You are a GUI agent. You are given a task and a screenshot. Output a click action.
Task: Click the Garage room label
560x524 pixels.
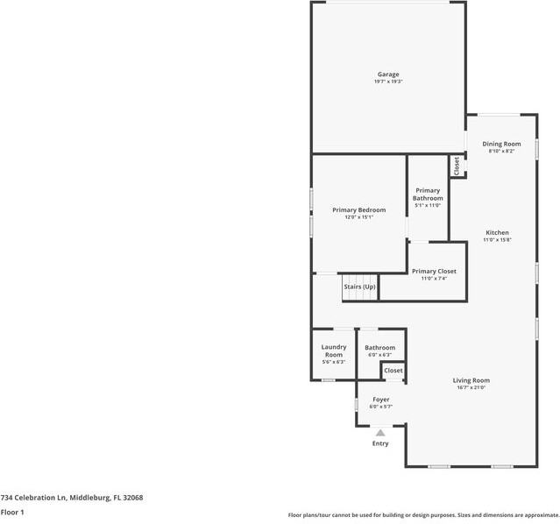coord(388,74)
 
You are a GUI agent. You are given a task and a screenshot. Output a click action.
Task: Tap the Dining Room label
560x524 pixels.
coord(501,144)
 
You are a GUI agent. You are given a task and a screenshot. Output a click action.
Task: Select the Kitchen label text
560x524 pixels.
coord(497,232)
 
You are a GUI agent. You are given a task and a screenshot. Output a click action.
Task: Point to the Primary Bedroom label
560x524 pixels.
coord(358,210)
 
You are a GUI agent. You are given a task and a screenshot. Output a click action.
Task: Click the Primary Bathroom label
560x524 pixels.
coord(428,194)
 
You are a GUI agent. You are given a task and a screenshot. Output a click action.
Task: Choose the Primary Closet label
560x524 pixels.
coord(434,272)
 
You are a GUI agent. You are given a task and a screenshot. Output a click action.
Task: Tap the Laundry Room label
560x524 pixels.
coord(333,351)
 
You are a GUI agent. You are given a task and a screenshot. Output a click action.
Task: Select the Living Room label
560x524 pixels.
coord(471,380)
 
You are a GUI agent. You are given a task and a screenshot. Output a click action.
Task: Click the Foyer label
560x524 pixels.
coord(380,400)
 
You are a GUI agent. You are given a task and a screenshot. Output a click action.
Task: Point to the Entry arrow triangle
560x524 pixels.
coord(380,432)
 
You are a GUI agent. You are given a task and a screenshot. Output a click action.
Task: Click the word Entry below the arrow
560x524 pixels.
coord(380,443)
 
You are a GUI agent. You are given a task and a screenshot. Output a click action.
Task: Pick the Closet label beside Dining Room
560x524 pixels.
coord(457,165)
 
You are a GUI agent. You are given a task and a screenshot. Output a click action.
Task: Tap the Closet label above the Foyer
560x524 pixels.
coord(393,371)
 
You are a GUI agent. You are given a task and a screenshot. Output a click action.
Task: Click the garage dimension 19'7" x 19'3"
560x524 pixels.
coord(388,81)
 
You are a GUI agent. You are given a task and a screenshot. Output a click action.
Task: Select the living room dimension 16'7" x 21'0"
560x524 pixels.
coord(471,387)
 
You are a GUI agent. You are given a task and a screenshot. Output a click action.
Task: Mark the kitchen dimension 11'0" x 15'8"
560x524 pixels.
coord(497,239)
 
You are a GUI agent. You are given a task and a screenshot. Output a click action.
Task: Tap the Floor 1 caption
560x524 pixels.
coord(12,512)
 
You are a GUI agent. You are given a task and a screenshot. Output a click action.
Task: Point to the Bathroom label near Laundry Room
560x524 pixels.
coord(380,348)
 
